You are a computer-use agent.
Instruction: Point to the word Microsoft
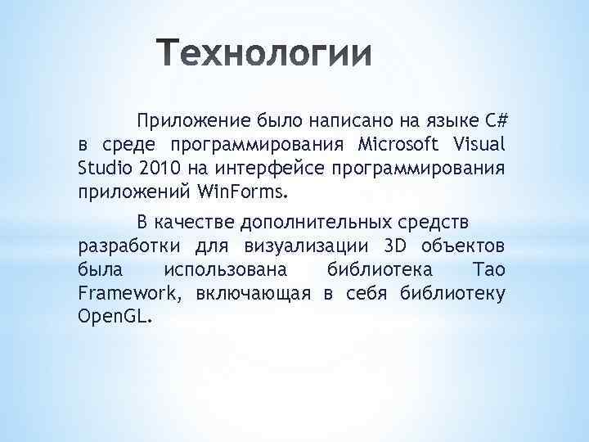click(397, 146)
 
